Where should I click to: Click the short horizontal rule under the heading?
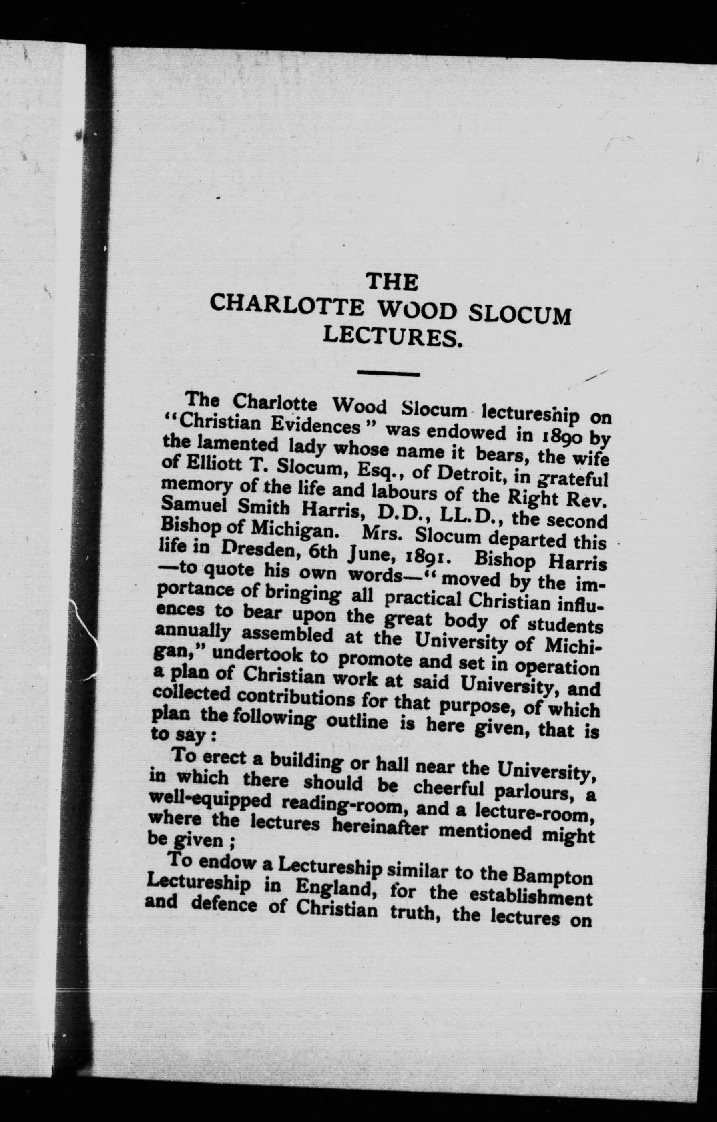coord(388,373)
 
